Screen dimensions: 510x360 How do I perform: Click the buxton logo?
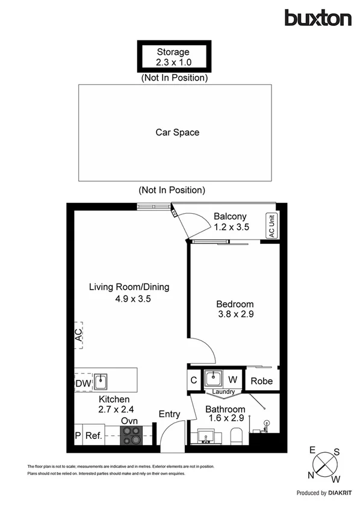tap(318, 18)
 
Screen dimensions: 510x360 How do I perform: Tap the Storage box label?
tap(173, 52)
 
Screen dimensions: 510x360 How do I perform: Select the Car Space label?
tap(178, 132)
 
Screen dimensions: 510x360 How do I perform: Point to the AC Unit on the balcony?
tap(272, 227)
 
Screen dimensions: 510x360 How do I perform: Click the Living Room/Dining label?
tap(129, 287)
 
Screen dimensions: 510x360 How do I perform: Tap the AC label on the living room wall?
tap(78, 335)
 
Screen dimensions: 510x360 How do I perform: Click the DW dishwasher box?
tap(82, 382)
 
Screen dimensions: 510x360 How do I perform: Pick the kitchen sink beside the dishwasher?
tap(102, 382)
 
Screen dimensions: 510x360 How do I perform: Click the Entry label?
tap(169, 414)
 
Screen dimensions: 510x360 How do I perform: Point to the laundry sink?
tap(214, 379)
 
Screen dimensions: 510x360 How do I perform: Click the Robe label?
tap(262, 381)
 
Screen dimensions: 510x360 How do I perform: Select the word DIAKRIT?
tap(340, 493)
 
